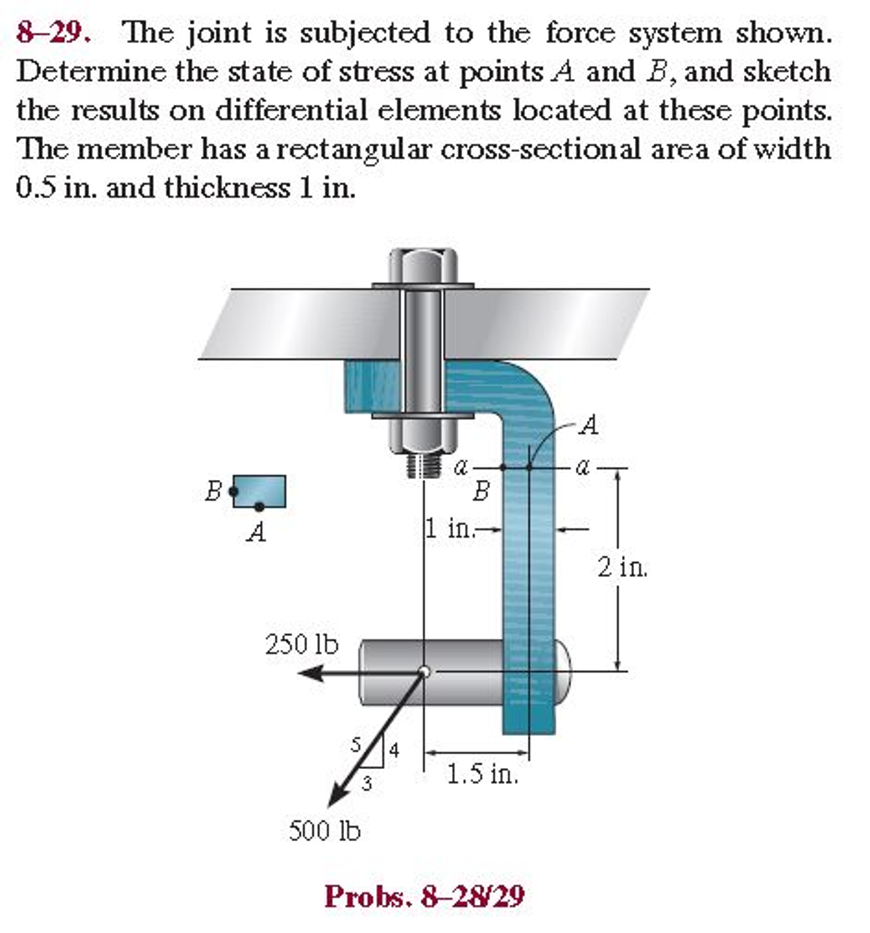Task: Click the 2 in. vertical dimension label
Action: point(622,568)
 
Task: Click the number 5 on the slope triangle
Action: point(356,745)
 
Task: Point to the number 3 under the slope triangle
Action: point(367,783)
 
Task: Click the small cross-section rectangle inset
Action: point(259,492)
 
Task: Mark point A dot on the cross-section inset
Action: point(259,507)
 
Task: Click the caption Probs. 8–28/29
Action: point(424,897)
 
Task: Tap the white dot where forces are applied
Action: point(424,672)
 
